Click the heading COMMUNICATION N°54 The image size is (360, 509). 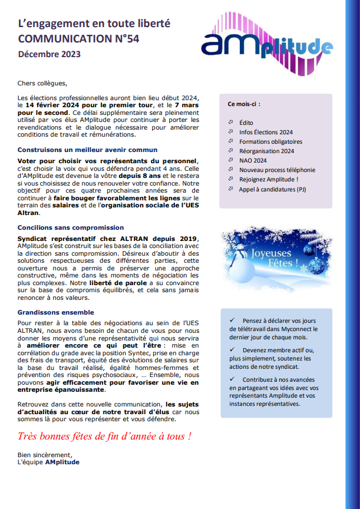click(x=80, y=39)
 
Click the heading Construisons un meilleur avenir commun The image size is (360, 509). click(x=87, y=150)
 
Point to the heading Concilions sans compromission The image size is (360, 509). click(x=71, y=227)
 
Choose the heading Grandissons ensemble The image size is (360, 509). click(x=55, y=312)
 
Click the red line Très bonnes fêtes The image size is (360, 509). click(x=104, y=437)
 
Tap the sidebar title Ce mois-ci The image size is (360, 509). click(x=244, y=104)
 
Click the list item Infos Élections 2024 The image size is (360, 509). click(x=266, y=132)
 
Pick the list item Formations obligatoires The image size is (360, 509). click(x=270, y=141)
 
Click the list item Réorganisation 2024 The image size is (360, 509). click(x=266, y=151)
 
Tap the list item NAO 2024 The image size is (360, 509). click(x=253, y=160)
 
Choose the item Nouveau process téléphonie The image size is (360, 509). click(x=277, y=170)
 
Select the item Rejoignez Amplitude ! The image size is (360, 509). click(x=268, y=179)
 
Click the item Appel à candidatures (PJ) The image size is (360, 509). click(x=272, y=189)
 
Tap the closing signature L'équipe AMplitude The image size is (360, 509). click(x=48, y=462)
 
